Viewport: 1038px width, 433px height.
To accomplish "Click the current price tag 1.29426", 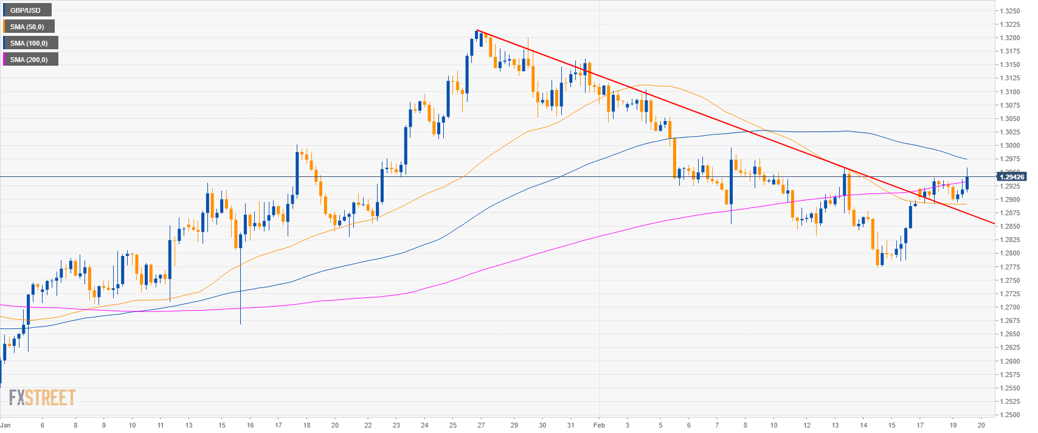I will (1011, 177).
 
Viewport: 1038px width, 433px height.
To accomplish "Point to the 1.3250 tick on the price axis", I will (1010, 11).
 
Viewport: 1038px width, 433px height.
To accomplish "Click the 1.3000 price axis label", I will (1010, 145).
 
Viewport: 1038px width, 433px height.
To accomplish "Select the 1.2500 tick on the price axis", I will (1010, 415).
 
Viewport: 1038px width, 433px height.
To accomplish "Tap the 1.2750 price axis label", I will (1010, 280).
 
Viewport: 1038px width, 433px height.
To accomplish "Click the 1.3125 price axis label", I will (1010, 78).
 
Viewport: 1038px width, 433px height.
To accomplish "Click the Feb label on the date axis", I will (599, 425).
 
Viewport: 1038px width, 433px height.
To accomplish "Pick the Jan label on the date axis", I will (5, 425).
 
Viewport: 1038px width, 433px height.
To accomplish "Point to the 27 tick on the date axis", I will (481, 425).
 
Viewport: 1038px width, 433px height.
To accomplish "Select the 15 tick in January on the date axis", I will (222, 425).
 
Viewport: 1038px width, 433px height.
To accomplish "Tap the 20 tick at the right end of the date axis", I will (980, 425).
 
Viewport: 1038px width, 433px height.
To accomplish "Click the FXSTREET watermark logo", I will (42, 398).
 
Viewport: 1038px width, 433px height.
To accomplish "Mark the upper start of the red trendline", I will (477, 30).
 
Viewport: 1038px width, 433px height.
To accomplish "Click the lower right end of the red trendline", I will (994, 223).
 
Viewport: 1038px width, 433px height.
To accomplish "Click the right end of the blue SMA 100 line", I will (967, 159).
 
